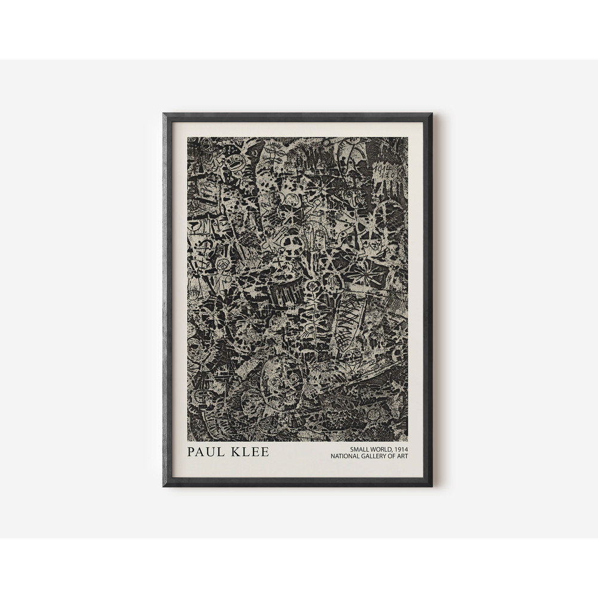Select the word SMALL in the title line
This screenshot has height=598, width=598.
tap(360, 448)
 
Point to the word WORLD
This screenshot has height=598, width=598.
tap(383, 448)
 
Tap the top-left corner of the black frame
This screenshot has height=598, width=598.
tap(164, 114)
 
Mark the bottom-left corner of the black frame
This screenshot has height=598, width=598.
tap(164, 486)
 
